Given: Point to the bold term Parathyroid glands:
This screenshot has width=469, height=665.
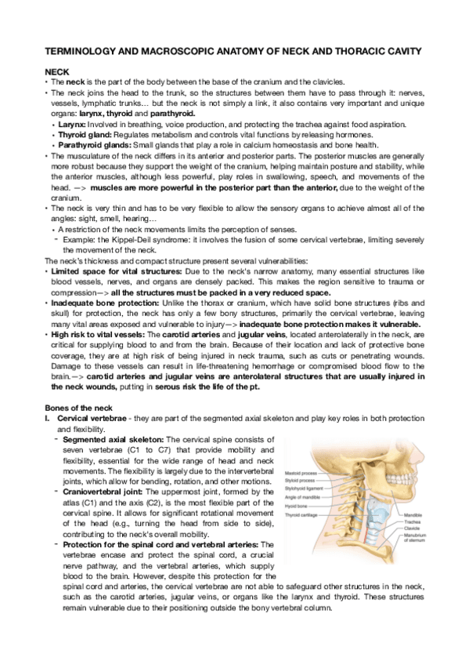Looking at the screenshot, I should tap(96, 144).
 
